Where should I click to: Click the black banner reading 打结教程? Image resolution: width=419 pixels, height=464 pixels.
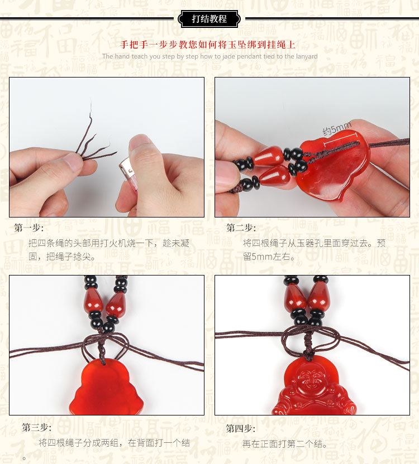(209, 19)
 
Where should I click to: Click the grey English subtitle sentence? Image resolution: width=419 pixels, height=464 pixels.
(209, 56)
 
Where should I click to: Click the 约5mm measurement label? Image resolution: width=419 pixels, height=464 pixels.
(337, 129)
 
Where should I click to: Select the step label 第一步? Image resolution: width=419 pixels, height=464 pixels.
(29, 228)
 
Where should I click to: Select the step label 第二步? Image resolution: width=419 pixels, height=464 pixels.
(241, 228)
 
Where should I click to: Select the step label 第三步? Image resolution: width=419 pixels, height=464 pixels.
(37, 428)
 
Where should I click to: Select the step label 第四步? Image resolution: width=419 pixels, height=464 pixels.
(241, 429)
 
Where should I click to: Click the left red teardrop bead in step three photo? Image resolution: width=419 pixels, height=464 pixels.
(94, 302)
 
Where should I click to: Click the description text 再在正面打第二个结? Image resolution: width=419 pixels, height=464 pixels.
(285, 444)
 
